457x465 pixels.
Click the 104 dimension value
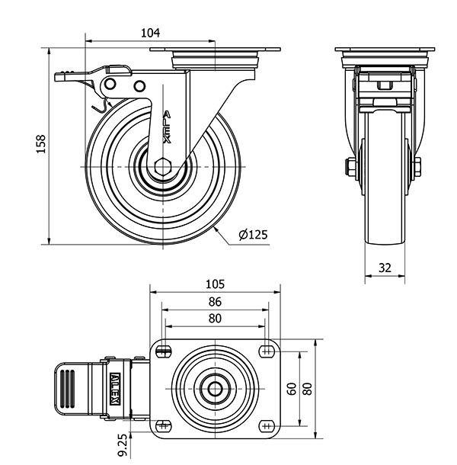150,32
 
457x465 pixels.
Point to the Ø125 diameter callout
253,235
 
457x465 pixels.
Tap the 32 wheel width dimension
385,268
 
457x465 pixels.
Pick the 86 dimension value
216,302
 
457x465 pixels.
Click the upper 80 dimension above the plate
216,319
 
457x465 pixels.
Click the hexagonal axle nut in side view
162,167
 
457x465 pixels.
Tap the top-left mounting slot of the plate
164,351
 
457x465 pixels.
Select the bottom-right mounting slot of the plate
267,425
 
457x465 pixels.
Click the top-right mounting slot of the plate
267,351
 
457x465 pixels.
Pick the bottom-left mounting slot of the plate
164,425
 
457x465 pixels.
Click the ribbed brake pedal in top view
66,388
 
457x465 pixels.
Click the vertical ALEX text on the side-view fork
168,128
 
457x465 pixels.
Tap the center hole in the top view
216,388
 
